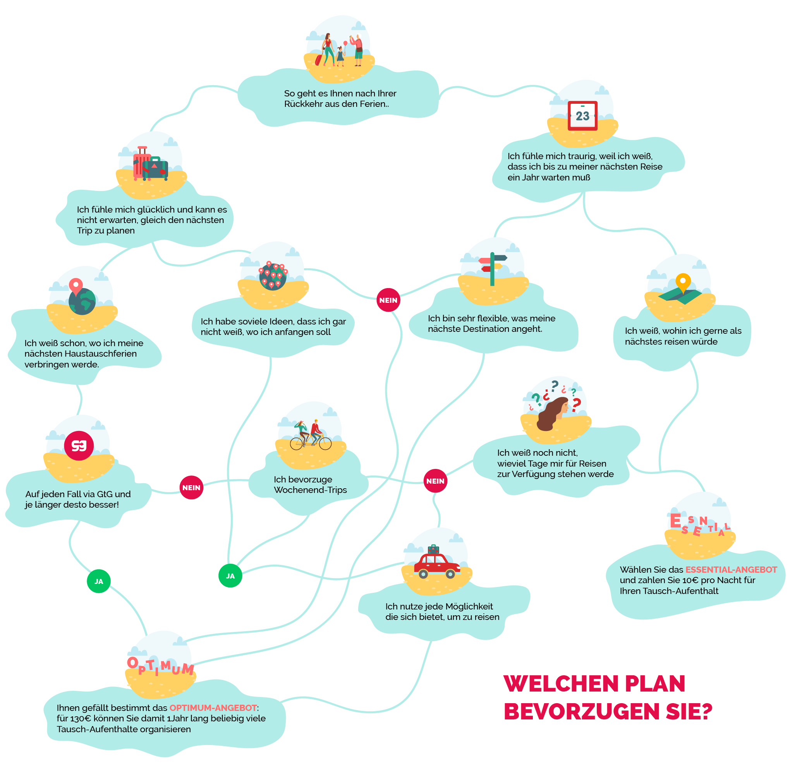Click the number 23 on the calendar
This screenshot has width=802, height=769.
tap(582, 116)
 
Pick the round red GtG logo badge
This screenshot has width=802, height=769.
tap(79, 445)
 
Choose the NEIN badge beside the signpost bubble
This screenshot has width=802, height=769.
tap(388, 300)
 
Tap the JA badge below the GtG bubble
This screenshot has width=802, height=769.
tap(99, 581)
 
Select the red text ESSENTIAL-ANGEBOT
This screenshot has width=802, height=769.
tap(731, 569)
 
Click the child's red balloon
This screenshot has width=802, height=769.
tap(345, 43)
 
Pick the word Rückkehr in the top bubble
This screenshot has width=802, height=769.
tap(303, 104)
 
